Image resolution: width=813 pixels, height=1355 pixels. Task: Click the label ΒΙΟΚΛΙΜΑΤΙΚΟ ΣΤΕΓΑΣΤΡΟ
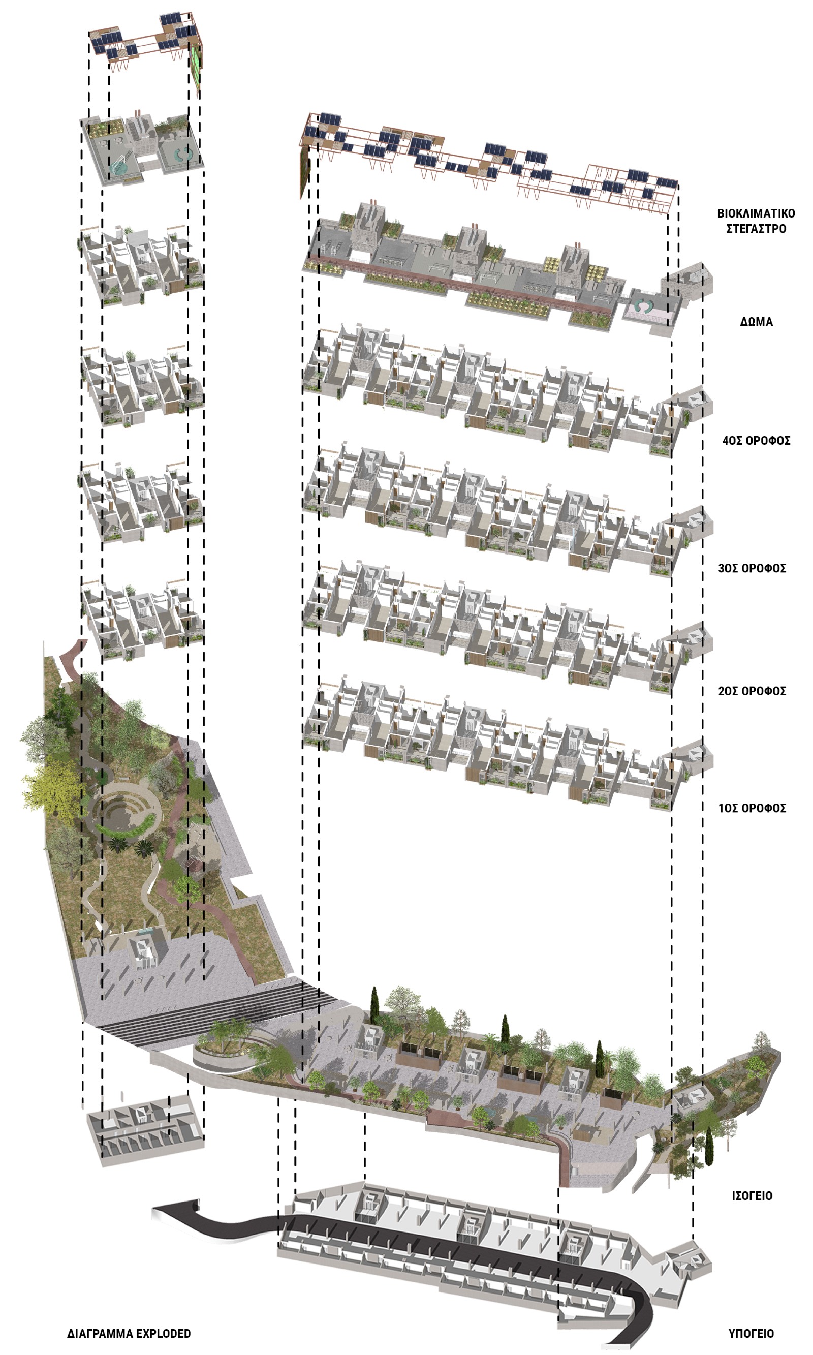(x=756, y=221)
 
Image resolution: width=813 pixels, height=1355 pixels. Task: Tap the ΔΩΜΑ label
(x=757, y=322)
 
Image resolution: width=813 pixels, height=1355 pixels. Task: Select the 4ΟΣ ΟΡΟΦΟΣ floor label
(x=756, y=441)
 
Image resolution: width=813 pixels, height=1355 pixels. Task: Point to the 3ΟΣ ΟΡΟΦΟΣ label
(x=752, y=568)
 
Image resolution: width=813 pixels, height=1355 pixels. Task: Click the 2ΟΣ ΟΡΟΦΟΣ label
(x=752, y=691)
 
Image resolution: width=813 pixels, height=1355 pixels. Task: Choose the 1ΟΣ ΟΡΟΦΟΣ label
(x=752, y=808)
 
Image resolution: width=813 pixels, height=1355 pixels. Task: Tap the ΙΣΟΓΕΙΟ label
(x=752, y=1195)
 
